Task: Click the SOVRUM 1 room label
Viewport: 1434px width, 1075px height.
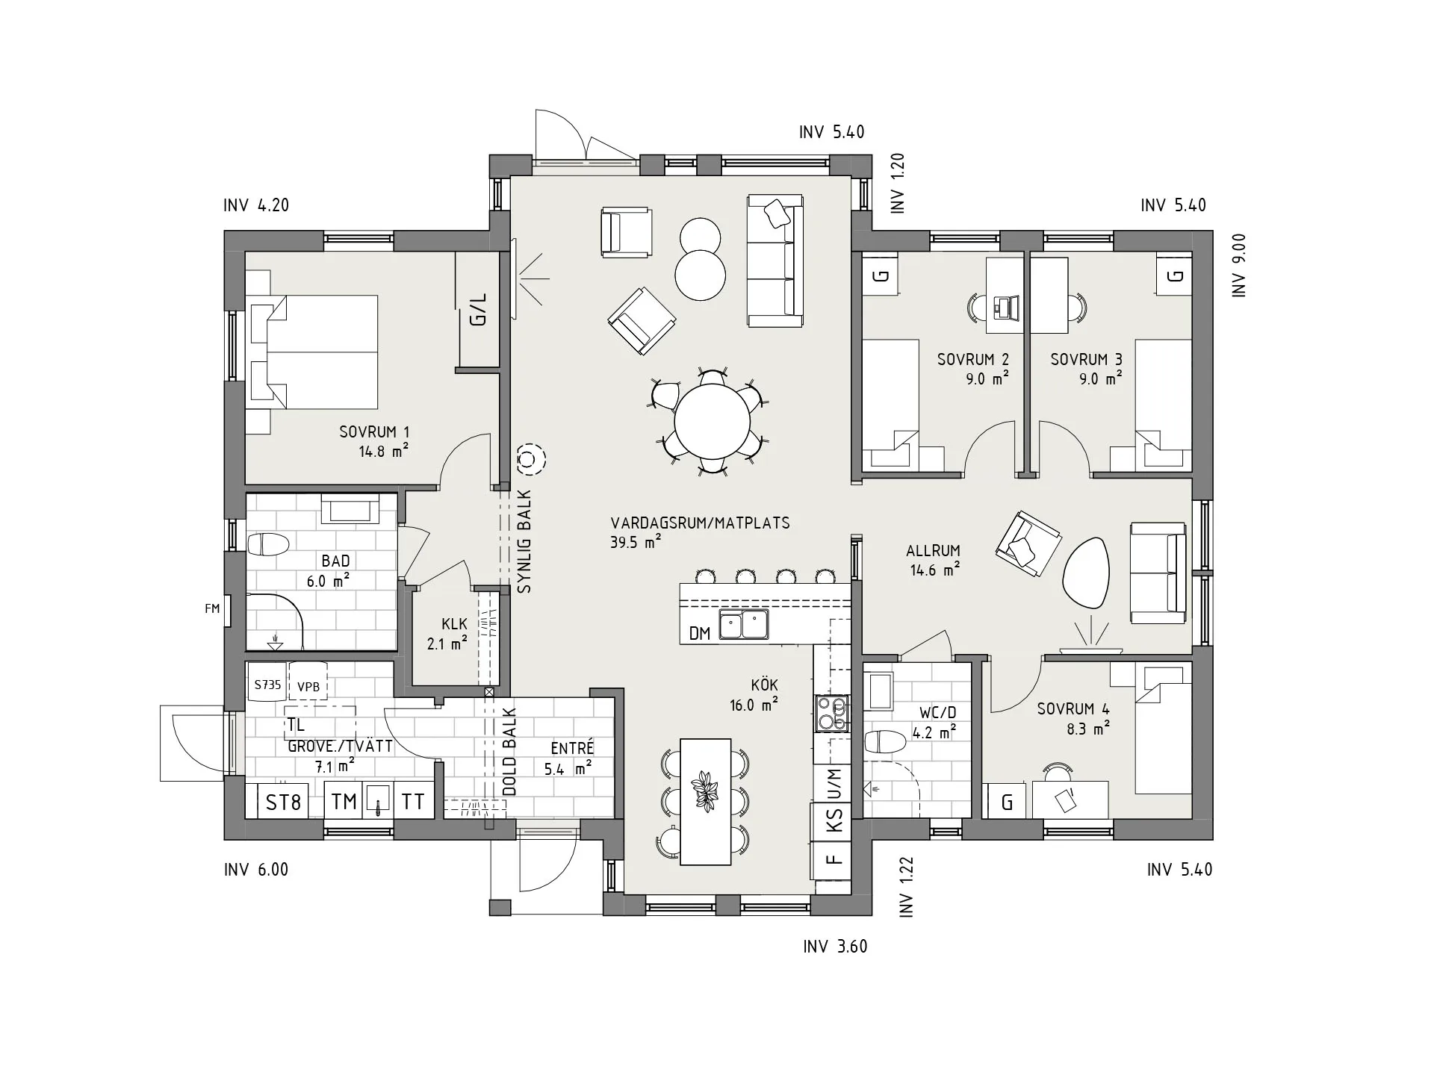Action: point(374,431)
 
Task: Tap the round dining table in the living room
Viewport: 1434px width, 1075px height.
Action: point(712,421)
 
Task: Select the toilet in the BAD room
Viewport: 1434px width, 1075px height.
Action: point(267,545)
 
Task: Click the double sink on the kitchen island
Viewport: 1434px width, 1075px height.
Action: point(744,625)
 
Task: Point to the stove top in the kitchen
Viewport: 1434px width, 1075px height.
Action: point(831,713)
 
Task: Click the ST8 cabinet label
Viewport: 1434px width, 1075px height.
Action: point(284,802)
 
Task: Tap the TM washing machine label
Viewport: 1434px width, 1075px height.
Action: point(344,802)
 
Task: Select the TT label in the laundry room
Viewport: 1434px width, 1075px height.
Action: point(413,802)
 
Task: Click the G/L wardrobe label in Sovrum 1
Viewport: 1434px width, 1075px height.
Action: point(478,309)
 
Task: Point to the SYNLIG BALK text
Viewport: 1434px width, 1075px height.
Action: point(524,541)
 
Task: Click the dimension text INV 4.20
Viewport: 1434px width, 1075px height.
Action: point(256,205)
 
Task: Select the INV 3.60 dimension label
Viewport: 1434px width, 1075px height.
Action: point(835,947)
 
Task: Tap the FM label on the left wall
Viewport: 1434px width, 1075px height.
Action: point(212,608)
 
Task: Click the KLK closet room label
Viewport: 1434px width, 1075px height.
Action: point(454,624)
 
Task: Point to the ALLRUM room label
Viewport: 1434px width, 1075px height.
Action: point(933,551)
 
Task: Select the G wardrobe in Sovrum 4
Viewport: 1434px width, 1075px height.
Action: point(1008,803)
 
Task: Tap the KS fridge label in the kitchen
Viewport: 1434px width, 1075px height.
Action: point(834,821)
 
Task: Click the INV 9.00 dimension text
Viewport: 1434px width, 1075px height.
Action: point(1239,266)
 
